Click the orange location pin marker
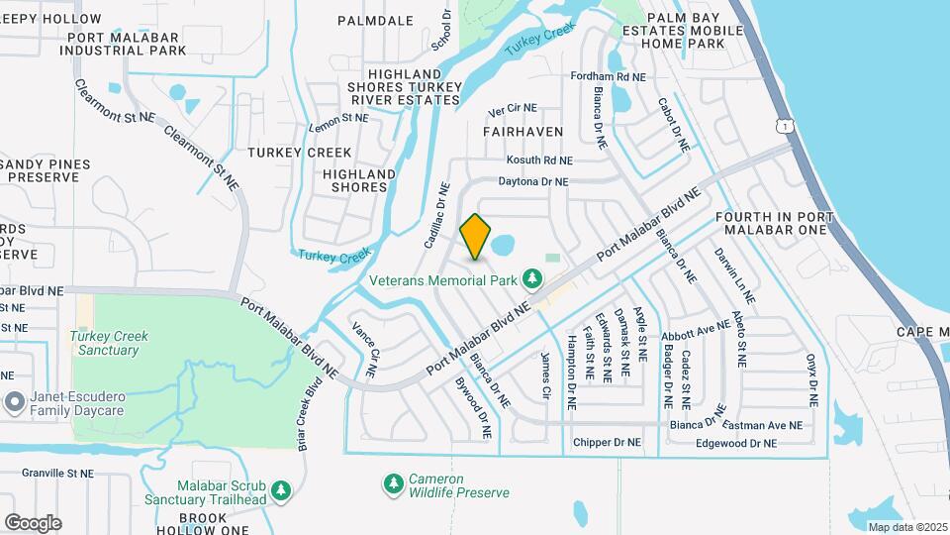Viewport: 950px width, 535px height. [476, 236]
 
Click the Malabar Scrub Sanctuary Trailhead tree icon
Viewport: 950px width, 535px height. [281, 490]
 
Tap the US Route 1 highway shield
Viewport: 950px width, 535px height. [784, 126]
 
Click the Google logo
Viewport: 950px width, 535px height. [33, 523]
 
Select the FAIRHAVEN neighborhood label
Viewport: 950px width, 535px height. [522, 131]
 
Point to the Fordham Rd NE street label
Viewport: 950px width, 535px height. [609, 76]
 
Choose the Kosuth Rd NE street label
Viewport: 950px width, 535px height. [539, 160]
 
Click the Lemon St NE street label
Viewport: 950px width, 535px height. [338, 118]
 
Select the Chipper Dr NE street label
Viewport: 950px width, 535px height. [607, 442]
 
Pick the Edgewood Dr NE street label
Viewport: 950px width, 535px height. [737, 442]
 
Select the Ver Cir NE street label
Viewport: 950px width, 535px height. [513, 108]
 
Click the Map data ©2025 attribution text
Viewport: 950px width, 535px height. [905, 526]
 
